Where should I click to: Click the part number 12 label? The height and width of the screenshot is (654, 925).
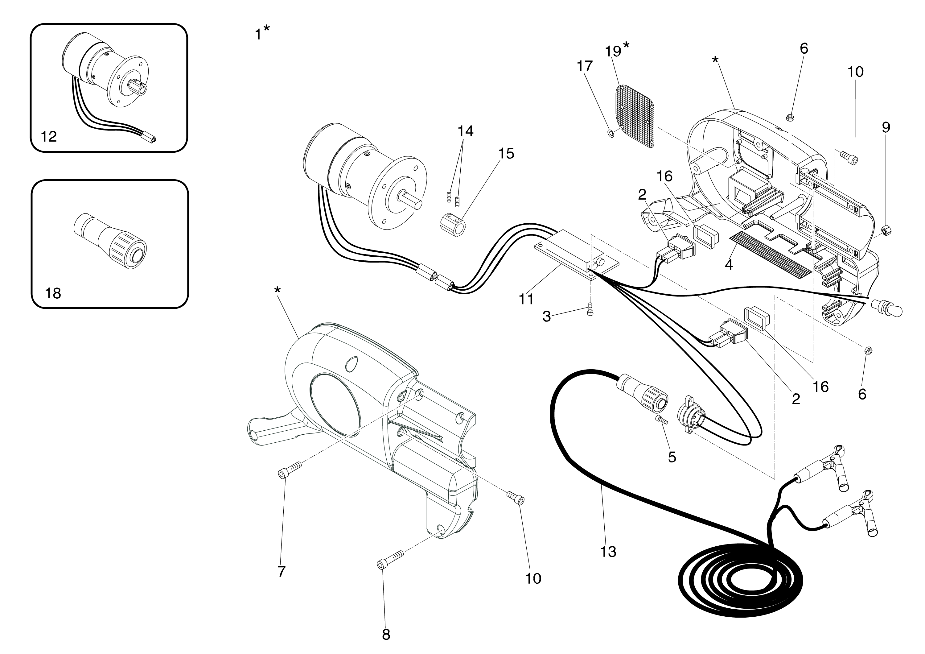coord(49,137)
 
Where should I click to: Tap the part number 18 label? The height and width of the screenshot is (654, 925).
coord(53,293)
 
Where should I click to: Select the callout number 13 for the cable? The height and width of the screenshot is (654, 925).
coord(608,552)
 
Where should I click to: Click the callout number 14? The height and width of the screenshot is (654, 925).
coord(465,131)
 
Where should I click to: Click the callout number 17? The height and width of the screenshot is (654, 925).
coord(585,66)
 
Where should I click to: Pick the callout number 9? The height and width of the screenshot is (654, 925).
coord(886,127)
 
